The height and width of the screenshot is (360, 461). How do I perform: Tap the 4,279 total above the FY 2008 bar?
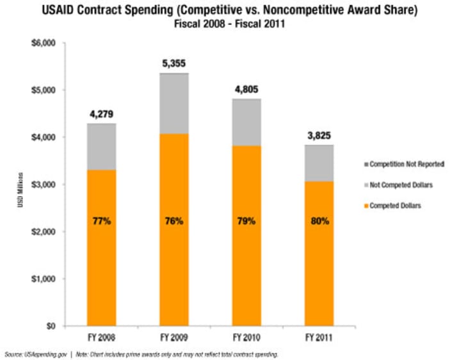tap(101, 115)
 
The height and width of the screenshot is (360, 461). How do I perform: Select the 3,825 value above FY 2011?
tap(319, 136)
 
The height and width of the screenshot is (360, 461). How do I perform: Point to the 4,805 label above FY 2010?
tap(247, 90)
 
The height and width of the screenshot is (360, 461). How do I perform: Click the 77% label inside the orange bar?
tap(101, 221)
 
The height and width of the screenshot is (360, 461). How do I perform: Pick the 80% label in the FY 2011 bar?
tap(319, 221)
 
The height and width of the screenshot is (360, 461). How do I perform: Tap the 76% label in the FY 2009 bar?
tap(174, 221)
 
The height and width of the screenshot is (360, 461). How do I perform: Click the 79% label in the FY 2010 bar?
tap(247, 221)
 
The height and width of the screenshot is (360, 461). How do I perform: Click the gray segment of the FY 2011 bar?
tap(319, 163)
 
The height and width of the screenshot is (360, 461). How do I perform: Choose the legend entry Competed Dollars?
tap(392, 205)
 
